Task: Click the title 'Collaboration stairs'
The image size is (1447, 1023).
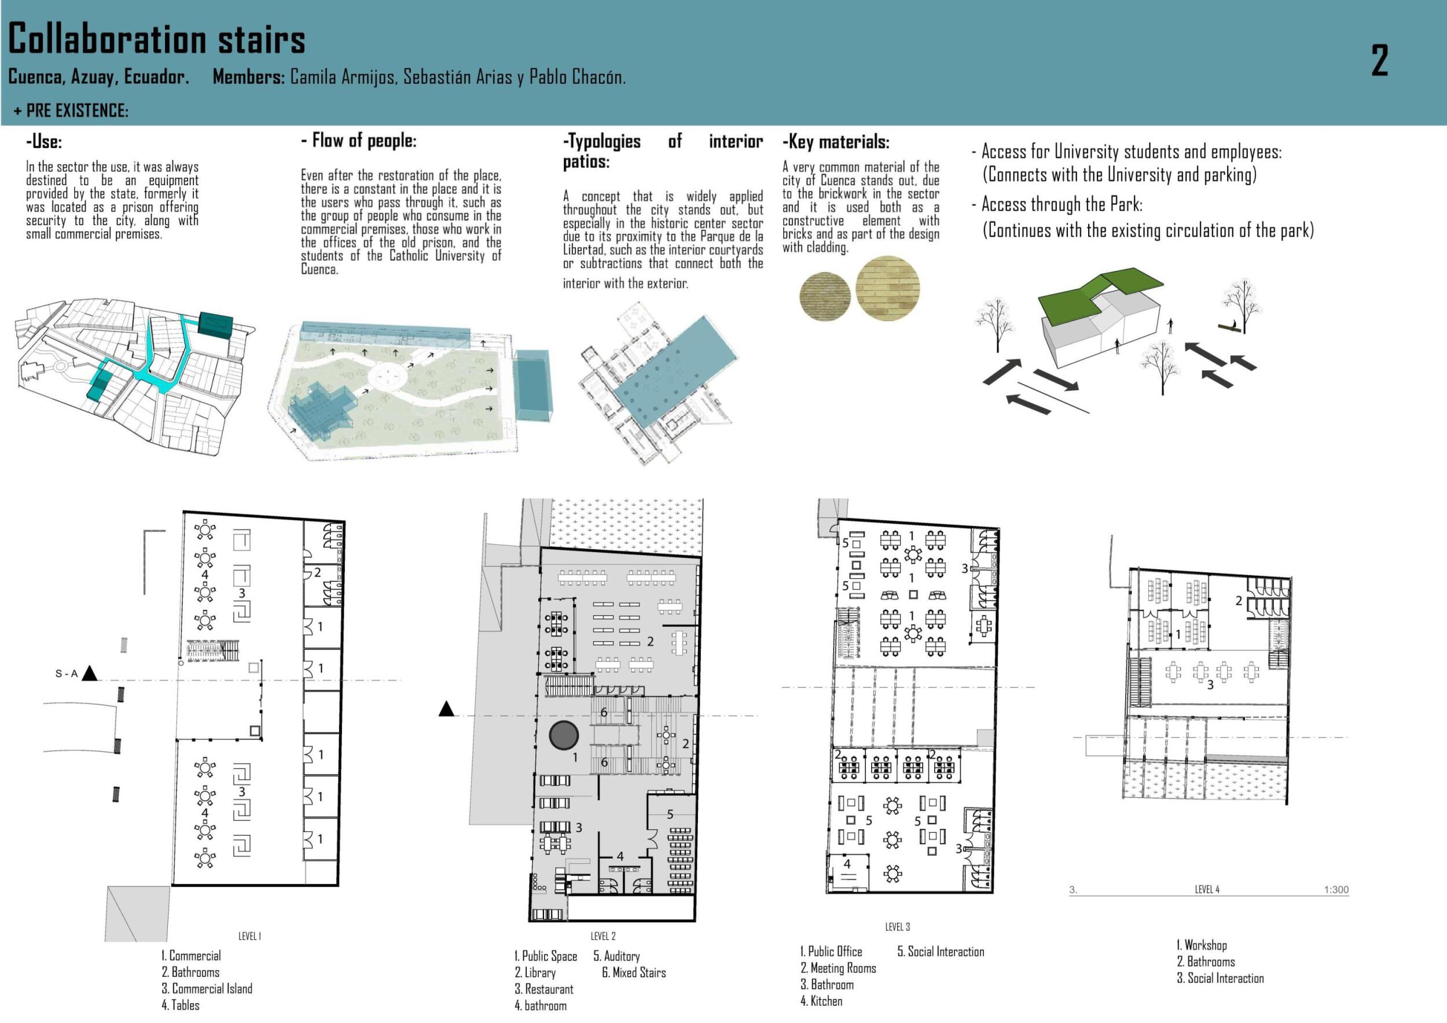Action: point(156,39)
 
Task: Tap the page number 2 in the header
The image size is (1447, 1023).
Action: point(1379,61)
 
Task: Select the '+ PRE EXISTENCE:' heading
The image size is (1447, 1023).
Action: point(71,111)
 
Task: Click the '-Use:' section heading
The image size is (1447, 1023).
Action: point(44,141)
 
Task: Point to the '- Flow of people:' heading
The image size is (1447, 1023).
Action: point(359,141)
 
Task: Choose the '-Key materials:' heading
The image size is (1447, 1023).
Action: point(836,142)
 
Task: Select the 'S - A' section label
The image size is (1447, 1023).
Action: point(66,674)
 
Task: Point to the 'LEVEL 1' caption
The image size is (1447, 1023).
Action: point(249,936)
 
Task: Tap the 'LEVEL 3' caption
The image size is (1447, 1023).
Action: point(898,926)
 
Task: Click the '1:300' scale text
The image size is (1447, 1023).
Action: point(1336,889)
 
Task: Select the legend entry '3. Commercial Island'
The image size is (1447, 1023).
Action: point(207,988)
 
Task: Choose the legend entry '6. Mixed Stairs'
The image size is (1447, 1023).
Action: point(633,973)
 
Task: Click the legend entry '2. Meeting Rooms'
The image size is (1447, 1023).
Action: point(838,968)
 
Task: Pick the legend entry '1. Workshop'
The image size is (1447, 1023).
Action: point(1201,945)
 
